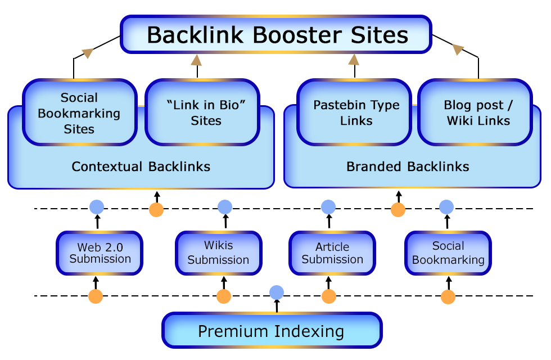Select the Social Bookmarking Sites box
[79, 113]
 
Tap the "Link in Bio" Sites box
[206, 113]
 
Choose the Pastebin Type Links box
[356, 113]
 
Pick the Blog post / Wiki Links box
[478, 113]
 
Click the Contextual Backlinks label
[141, 166]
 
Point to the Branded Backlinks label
[408, 166]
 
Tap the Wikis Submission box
[218, 253]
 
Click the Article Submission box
[332, 253]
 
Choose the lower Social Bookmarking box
[448, 253]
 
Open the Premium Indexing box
[270, 331]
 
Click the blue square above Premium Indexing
[277, 292]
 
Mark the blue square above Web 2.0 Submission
[97, 207]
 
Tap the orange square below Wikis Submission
[224, 296]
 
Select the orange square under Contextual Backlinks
[156, 210]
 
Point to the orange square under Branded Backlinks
[398, 210]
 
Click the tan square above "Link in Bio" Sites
[196, 60]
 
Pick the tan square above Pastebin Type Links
[354, 60]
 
